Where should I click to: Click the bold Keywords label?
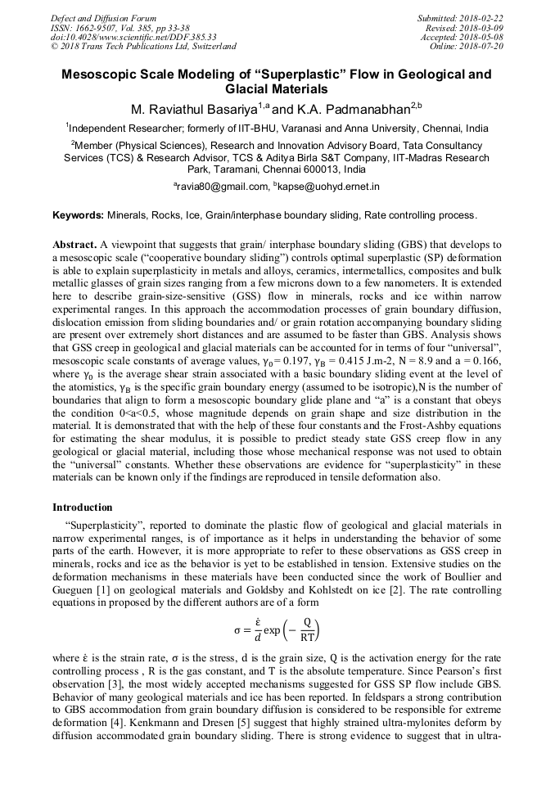click(x=79, y=215)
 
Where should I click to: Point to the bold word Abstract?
click(x=74, y=245)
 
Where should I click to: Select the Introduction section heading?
click(x=83, y=508)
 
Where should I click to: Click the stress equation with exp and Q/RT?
click(x=277, y=630)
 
